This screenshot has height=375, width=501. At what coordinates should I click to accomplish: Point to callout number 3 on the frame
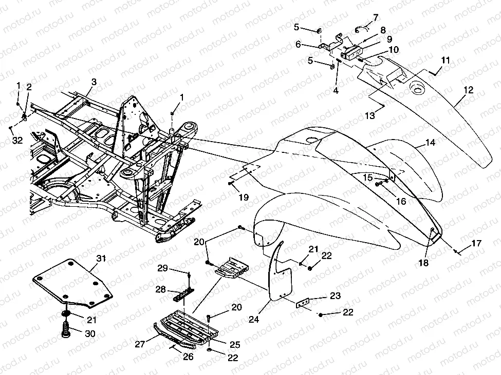(x=94, y=82)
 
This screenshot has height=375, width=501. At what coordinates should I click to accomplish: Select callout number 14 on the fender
(x=430, y=143)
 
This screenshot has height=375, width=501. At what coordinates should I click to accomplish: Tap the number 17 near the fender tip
(x=476, y=244)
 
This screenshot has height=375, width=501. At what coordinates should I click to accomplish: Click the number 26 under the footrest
(x=188, y=357)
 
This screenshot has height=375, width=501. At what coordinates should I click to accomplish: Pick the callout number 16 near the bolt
(x=401, y=201)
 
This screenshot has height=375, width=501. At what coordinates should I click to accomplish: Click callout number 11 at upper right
(x=445, y=61)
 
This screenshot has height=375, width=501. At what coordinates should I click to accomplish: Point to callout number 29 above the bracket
(x=162, y=268)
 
